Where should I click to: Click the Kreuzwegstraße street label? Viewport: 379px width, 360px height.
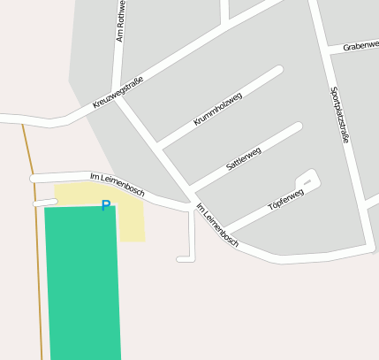click(117, 92)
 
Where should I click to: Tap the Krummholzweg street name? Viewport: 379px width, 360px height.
click(217, 109)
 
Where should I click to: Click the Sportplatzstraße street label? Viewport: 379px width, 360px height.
click(340, 115)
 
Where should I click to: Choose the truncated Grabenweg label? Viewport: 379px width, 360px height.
click(360, 45)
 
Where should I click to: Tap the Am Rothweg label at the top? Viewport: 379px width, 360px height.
click(121, 21)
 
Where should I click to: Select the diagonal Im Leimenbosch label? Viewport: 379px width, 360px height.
click(217, 225)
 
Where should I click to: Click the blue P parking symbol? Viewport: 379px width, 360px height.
click(106, 206)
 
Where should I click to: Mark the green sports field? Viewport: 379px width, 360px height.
click(82, 283)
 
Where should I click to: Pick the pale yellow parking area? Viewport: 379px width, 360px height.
click(131, 221)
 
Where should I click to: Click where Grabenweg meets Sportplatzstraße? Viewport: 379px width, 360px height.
click(330, 52)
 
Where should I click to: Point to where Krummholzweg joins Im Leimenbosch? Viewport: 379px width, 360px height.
click(159, 143)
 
